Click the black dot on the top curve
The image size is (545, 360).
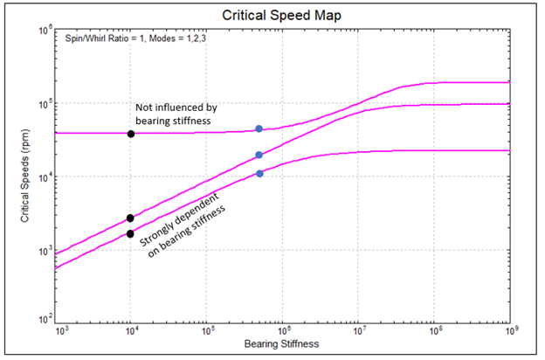click(x=131, y=134)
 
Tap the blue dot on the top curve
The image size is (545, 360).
click(x=259, y=129)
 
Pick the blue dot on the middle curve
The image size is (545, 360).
click(x=259, y=155)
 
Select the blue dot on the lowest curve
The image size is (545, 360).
click(x=259, y=173)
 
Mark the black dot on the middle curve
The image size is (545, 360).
click(x=130, y=218)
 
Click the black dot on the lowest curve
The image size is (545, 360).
click(x=130, y=233)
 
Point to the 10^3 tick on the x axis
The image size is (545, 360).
click(x=61, y=331)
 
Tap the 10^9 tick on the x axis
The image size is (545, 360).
click(x=509, y=331)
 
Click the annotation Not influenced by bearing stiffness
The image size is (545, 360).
click(x=173, y=114)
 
